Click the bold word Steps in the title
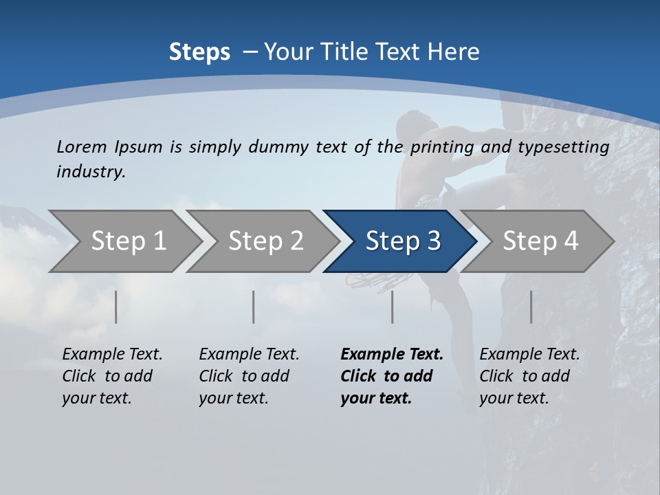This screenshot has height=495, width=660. point(199,52)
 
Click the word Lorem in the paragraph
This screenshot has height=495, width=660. point(81,146)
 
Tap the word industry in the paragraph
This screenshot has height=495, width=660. point(91,171)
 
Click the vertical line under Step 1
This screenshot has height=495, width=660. point(115,307)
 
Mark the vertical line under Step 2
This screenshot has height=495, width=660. point(254,307)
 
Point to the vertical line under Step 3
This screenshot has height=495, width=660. point(392,307)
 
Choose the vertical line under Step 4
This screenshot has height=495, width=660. point(531,307)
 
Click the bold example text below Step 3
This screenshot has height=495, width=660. point(391,376)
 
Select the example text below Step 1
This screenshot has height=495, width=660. point(112,376)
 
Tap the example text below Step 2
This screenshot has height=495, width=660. point(249,376)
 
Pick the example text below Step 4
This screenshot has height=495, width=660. point(529,376)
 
